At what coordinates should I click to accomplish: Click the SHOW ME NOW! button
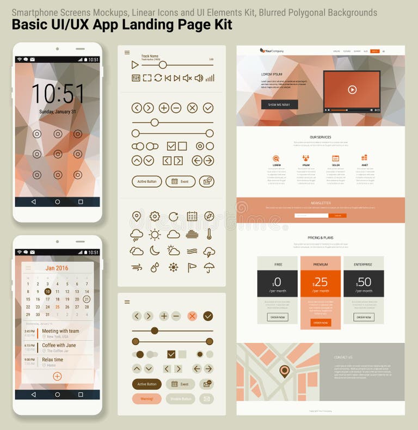tap(279, 105)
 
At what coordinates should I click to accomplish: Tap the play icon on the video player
tap(352, 90)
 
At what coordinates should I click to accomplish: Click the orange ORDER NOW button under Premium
tap(321, 323)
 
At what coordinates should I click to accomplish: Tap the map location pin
tap(284, 371)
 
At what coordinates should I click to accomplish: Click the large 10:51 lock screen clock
tap(57, 94)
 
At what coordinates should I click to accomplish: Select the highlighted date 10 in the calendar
tap(48, 291)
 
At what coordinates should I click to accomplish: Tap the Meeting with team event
tap(60, 331)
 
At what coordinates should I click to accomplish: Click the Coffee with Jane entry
tap(58, 345)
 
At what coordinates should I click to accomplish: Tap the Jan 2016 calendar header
tap(57, 268)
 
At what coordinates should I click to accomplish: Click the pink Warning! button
tap(146, 399)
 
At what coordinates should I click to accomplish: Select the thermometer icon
tap(208, 234)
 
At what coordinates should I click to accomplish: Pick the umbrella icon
tap(208, 267)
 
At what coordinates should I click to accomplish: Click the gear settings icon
tap(155, 217)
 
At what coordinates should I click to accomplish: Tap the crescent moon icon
tap(155, 250)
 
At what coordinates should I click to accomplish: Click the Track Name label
tap(150, 56)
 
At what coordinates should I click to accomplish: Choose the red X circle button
tap(192, 316)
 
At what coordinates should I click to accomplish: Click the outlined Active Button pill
tap(146, 181)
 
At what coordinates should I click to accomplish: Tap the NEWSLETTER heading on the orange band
tap(321, 202)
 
